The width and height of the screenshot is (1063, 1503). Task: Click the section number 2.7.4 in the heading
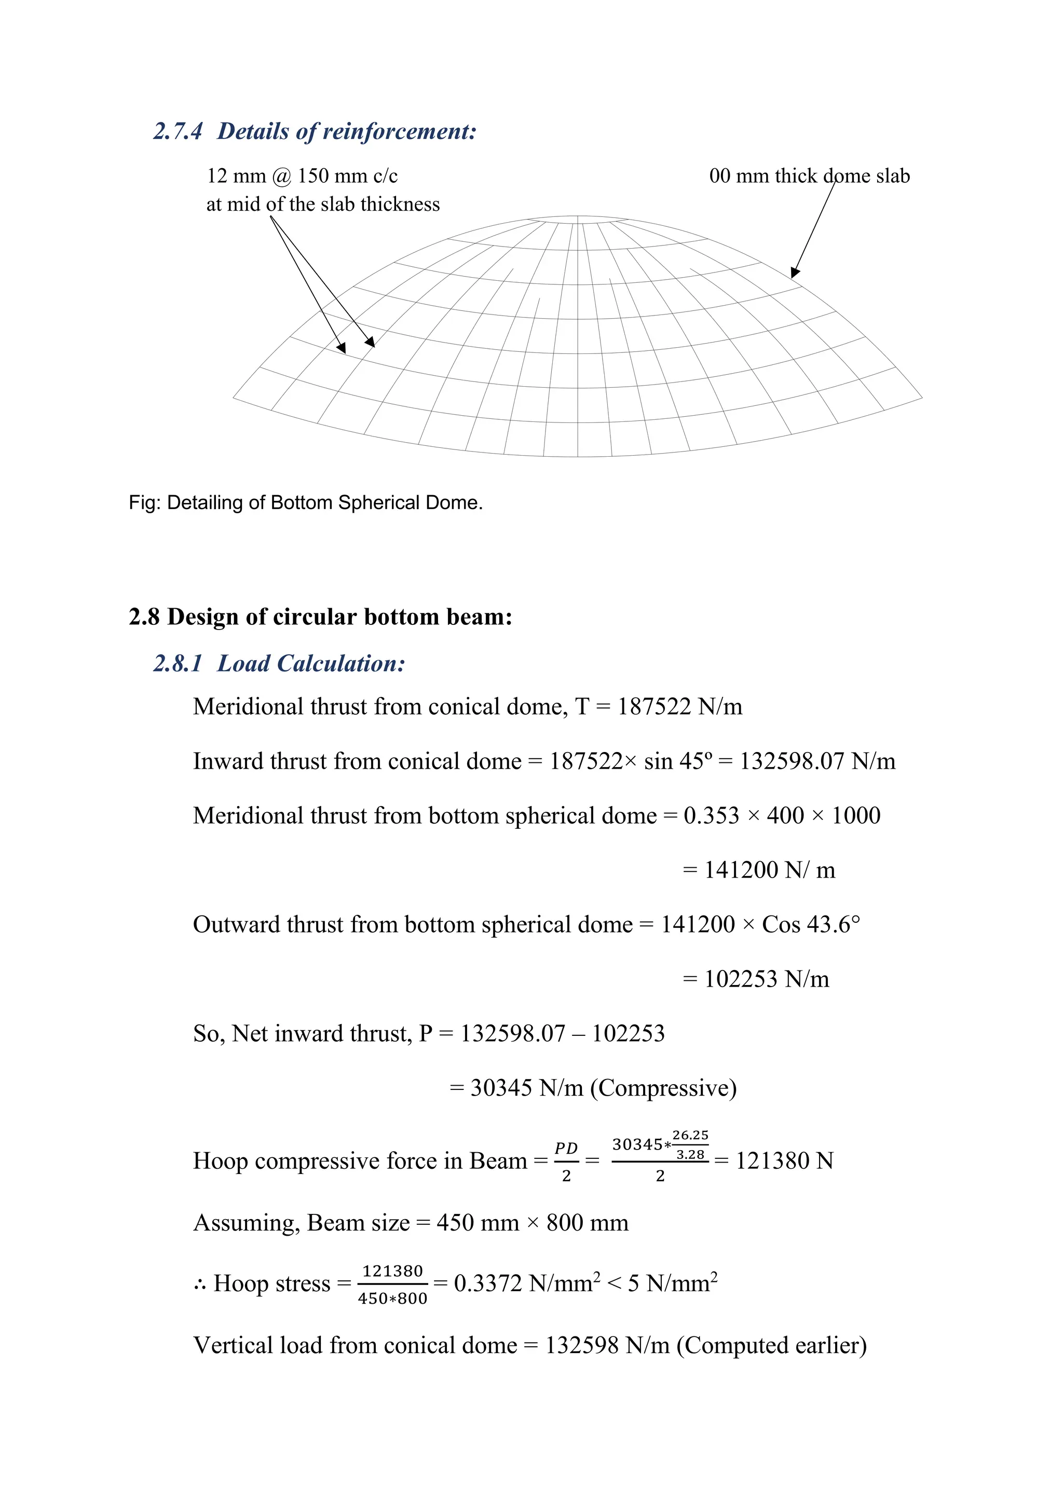click(178, 132)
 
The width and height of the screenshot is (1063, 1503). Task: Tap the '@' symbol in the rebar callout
click(281, 176)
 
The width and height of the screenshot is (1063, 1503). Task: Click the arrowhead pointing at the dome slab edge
click(795, 272)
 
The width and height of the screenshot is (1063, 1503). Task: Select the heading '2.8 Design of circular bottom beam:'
click(320, 617)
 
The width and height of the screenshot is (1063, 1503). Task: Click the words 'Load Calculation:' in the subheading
click(311, 664)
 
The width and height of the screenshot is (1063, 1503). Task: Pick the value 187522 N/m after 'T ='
click(679, 707)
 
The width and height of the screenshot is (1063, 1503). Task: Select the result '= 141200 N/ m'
click(759, 870)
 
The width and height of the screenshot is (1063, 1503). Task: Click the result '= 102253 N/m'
click(756, 979)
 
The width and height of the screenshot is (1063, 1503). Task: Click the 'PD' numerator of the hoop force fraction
click(566, 1148)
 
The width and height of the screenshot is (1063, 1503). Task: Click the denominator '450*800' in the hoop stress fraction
click(393, 1299)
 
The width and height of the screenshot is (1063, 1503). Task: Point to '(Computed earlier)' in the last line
click(772, 1346)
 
